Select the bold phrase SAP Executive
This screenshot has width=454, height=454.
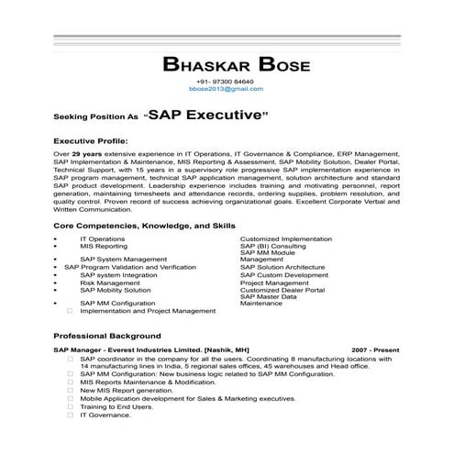click(207, 116)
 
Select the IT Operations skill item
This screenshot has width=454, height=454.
click(102, 239)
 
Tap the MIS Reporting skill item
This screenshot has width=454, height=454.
click(104, 247)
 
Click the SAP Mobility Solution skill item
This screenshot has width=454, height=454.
click(116, 291)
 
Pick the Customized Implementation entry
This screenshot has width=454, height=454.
click(286, 239)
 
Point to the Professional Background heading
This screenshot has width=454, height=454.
click(107, 336)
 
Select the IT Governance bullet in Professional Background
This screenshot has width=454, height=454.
click(105, 415)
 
